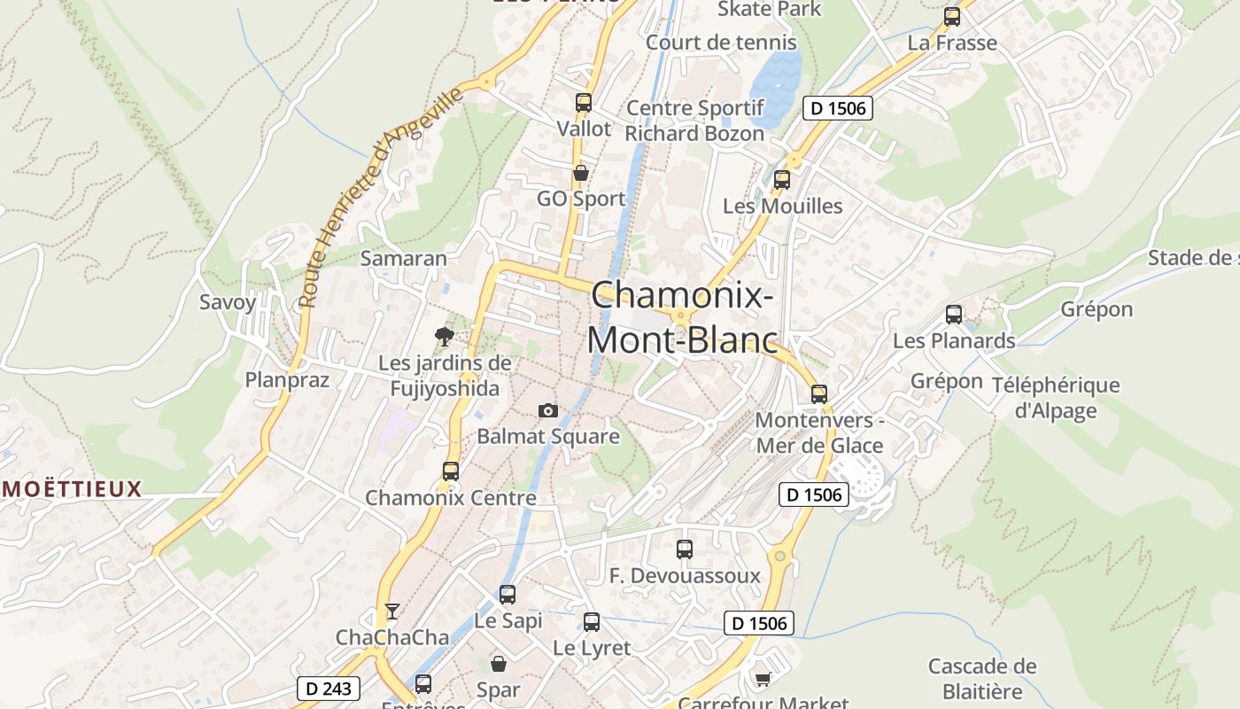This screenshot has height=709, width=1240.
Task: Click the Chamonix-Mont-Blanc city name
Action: tap(682, 317)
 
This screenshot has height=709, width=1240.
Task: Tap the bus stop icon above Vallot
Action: tap(583, 102)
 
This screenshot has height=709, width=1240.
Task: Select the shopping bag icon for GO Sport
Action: tap(581, 173)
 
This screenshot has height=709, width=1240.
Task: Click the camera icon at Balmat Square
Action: tap(548, 410)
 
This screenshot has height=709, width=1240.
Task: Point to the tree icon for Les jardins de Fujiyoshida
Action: tap(445, 336)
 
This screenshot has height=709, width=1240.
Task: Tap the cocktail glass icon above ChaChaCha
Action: tap(391, 611)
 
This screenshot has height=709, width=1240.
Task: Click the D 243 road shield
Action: tap(328, 688)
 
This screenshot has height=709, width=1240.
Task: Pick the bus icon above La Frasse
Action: tap(952, 16)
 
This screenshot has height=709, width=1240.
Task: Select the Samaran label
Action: tap(403, 259)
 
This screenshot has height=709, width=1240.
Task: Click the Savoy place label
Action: tap(228, 301)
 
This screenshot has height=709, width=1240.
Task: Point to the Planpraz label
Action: tap(287, 380)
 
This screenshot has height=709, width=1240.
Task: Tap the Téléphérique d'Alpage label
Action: tap(1056, 398)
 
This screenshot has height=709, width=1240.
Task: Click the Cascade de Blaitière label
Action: tap(982, 679)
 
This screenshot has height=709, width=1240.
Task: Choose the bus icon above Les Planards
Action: tap(954, 314)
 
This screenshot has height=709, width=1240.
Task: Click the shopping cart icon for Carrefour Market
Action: tap(762, 679)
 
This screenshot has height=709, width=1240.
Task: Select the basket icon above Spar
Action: tap(499, 663)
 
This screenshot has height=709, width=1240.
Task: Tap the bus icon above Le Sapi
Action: tap(507, 594)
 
